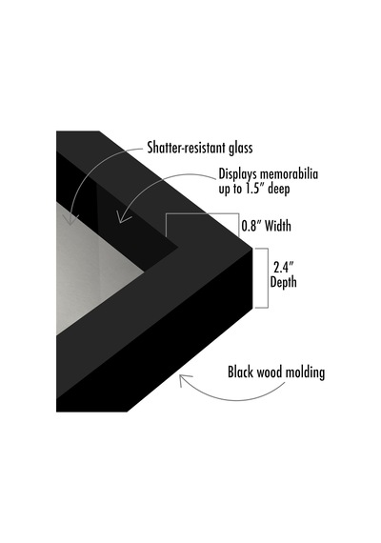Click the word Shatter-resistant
click(187, 147)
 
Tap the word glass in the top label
click(241, 148)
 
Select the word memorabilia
click(289, 173)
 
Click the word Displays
click(238, 174)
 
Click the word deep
click(278, 189)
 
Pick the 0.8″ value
click(251, 226)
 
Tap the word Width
click(278, 226)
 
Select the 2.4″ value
click(284, 268)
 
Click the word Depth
click(283, 282)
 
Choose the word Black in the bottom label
click(241, 372)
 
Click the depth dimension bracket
click(268, 278)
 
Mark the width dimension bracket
click(202, 214)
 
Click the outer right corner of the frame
click(251, 248)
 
